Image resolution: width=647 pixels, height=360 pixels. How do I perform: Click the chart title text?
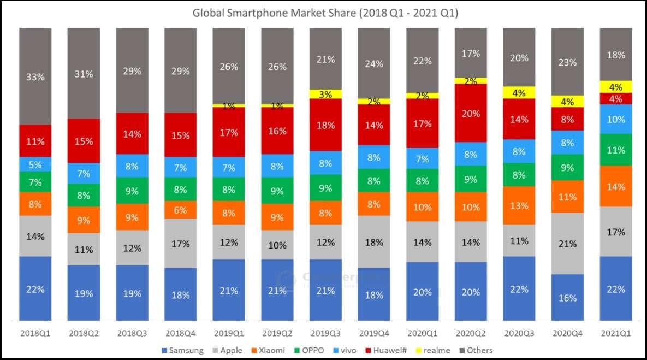coord(325,13)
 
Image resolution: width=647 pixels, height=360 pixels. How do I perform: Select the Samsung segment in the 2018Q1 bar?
coord(35,288)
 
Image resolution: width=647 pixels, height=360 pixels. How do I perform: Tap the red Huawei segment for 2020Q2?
coord(470,113)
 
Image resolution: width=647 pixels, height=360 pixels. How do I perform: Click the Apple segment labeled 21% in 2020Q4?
coord(567,243)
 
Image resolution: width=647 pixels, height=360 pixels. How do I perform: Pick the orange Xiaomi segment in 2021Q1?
coord(615,186)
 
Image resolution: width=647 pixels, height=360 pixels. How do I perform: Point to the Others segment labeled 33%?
coord(35,76)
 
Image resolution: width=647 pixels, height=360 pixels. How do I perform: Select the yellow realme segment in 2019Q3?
coord(325,94)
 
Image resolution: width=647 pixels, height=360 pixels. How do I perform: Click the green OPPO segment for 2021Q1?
coord(615,150)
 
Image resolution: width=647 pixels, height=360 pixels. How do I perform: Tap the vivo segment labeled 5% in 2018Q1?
coord(35,164)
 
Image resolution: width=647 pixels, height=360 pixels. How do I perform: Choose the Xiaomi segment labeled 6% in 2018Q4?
coord(180,210)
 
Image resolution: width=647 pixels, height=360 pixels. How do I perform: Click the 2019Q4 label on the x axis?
coord(373,332)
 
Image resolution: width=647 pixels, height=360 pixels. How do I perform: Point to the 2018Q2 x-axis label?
coord(84,332)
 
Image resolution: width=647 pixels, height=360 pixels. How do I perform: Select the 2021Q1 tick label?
coord(615,332)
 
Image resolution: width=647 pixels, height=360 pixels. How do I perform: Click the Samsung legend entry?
coord(183,350)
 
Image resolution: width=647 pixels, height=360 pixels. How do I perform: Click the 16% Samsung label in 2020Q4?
coord(567,298)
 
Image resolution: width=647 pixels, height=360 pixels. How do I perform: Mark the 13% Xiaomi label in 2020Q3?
coord(519,205)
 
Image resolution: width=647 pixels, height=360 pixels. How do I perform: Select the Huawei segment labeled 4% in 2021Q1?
coord(615,99)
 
